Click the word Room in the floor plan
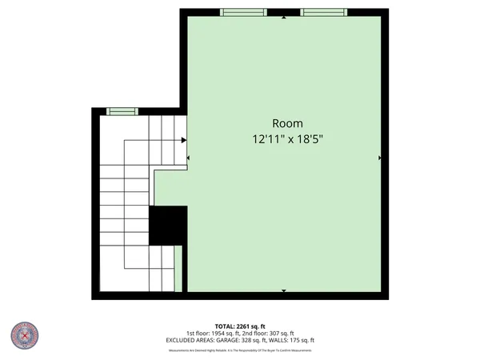pyautogui.click(x=287, y=123)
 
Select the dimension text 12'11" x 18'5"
pyautogui.click(x=287, y=138)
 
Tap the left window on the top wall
pyautogui.click(x=244, y=12)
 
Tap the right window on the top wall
pyautogui.click(x=324, y=12)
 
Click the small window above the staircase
pyautogui.click(x=122, y=111)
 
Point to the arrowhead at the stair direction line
pyautogui.click(x=184, y=140)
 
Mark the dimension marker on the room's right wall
pyautogui.click(x=379, y=158)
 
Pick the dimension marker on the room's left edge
pyautogui.click(x=189, y=158)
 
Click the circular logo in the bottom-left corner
pyautogui.click(x=26, y=336)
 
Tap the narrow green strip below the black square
pyautogui.click(x=178, y=268)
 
